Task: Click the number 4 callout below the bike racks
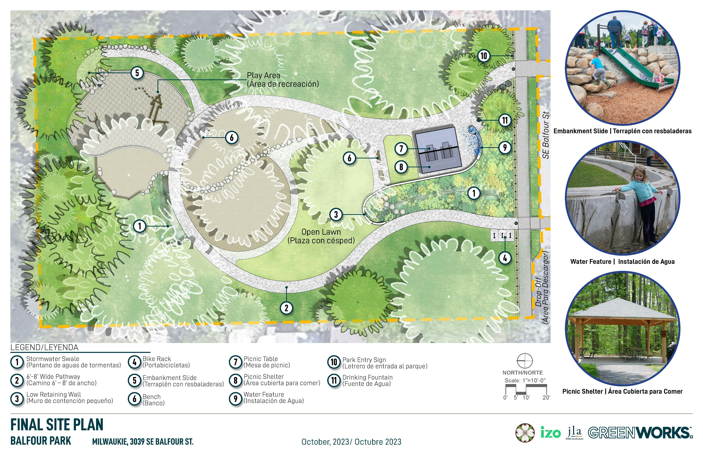pos(505,258)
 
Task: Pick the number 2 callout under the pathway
pos(286,308)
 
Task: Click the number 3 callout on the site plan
pos(336,214)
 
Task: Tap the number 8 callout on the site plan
pos(401,167)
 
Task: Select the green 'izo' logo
pos(551,433)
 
